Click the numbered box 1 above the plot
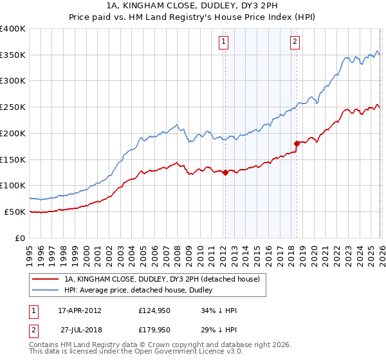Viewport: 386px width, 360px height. point(223,42)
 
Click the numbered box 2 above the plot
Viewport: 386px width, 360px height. point(295,42)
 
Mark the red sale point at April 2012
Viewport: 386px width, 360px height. point(225,172)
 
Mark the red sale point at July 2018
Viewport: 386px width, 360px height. point(297,143)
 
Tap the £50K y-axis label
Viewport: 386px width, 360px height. point(15,212)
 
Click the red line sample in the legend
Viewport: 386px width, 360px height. point(46,280)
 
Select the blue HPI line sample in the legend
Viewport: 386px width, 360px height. point(46,290)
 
